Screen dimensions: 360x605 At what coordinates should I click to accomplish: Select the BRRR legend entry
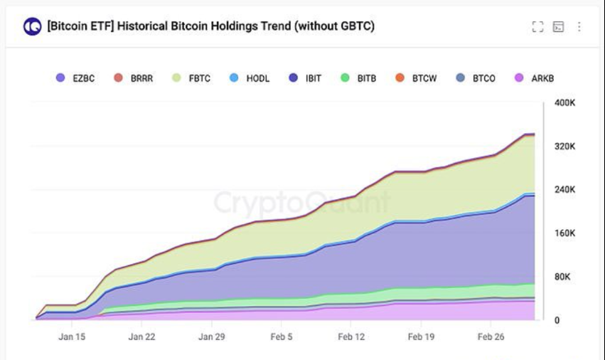133,78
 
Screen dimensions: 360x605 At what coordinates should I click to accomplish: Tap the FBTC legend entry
191,78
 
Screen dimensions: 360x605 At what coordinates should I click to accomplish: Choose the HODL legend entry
250,78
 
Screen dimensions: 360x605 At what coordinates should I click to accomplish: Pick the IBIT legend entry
305,78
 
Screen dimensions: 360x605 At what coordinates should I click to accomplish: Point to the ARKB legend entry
534,78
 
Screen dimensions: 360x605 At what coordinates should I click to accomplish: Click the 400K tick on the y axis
564,102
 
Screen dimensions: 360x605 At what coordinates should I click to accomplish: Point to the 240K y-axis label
564,190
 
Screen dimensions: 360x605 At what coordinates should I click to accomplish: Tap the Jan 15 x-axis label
72,337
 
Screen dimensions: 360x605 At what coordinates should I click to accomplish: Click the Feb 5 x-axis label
282,337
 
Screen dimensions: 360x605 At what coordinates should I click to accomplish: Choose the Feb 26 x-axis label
491,337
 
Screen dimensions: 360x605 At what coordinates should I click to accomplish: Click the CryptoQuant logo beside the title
33,27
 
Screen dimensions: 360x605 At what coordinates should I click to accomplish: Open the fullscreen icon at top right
537,27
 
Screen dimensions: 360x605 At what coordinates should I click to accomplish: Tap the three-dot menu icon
579,27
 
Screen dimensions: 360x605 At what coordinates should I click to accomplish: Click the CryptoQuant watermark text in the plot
302,202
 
